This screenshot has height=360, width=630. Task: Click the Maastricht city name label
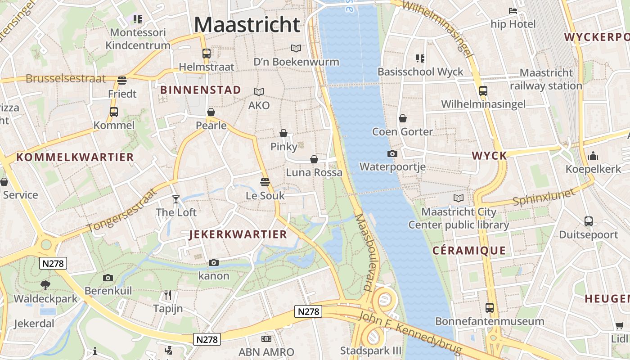click(247, 24)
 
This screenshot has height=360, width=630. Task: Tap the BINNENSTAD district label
click(201, 90)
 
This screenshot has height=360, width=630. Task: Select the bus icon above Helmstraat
click(207, 54)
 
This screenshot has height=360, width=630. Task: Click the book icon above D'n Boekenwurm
click(296, 48)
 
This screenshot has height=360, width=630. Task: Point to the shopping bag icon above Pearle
click(211, 112)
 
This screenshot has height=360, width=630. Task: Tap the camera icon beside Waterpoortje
click(392, 154)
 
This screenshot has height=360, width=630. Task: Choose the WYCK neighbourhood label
click(489, 156)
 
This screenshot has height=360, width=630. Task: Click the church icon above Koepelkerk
click(593, 156)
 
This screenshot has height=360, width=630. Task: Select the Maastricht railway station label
click(546, 79)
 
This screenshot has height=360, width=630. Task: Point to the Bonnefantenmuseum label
click(490, 321)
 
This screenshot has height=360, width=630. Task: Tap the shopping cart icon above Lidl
click(620, 325)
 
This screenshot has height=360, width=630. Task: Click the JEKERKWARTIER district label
click(238, 234)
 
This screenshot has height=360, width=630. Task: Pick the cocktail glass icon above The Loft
click(176, 199)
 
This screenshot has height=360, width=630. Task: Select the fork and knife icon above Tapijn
click(168, 295)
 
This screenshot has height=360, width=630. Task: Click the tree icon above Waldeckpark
click(45, 285)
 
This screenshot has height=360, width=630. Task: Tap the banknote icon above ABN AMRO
click(266, 339)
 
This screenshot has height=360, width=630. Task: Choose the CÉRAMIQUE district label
click(469, 251)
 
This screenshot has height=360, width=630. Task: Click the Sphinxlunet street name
click(544, 198)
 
